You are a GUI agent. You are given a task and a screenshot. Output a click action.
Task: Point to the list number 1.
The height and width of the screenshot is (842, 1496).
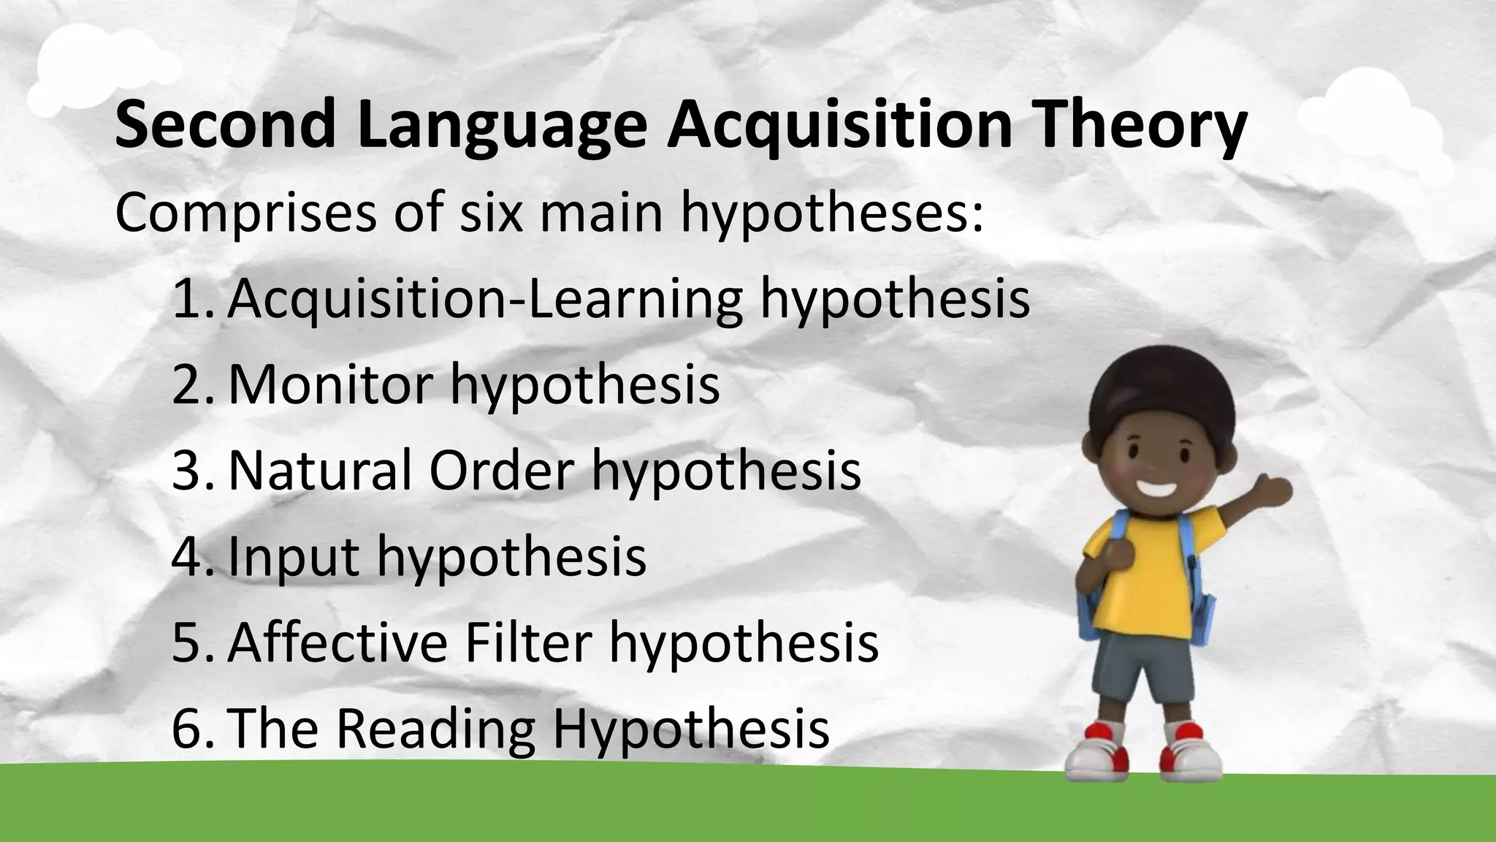click(x=191, y=299)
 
